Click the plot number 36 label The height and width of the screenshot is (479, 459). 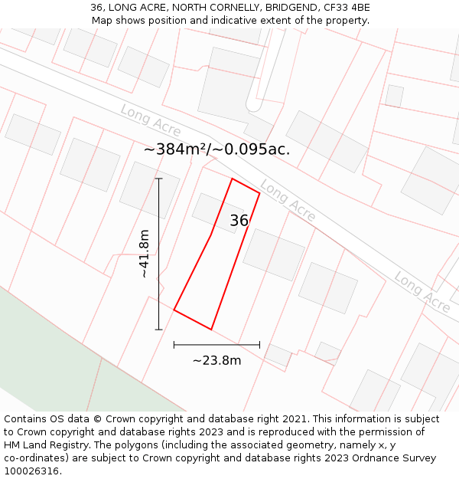239,221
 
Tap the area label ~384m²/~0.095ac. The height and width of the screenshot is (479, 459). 216,149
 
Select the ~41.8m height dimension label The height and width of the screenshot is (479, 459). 145,254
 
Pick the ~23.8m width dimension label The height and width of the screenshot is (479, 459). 216,360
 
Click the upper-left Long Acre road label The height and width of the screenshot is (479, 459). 151,121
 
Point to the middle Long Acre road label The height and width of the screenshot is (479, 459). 288,201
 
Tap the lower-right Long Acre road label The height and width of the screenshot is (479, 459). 422,292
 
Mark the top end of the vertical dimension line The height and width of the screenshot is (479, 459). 159,179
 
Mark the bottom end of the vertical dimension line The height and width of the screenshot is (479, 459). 159,330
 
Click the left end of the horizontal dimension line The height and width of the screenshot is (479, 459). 174,345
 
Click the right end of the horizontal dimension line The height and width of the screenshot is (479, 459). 259,345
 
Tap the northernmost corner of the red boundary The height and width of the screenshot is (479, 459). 232,179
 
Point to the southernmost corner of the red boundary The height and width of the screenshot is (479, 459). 211,330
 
